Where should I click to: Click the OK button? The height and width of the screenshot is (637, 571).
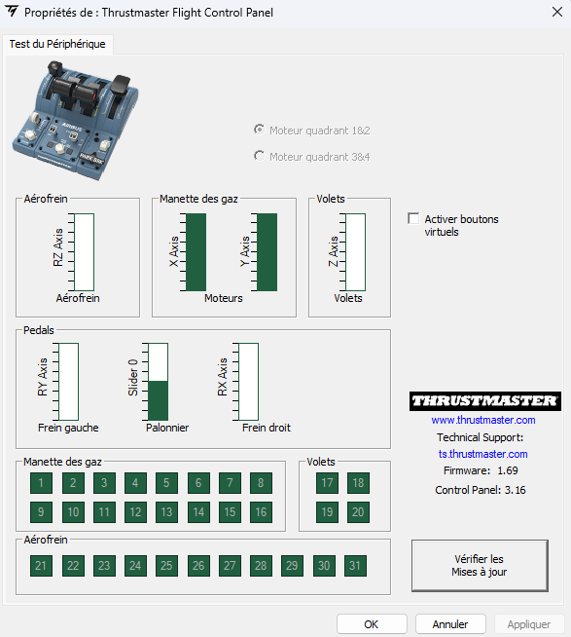point(372,624)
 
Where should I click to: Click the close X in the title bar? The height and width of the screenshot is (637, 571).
point(557,13)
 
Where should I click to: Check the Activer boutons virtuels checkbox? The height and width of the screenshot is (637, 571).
point(413,218)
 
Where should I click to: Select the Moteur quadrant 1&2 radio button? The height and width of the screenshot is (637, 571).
point(259,130)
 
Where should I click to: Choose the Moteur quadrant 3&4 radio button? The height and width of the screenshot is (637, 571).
point(259,156)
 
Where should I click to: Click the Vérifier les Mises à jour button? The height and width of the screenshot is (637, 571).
point(480,566)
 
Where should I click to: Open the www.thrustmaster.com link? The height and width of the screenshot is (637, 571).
point(483,420)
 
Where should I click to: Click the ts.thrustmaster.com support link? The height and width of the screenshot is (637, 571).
point(482,454)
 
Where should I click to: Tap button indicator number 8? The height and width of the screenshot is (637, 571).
point(261,483)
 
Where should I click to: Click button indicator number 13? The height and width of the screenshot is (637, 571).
point(166,512)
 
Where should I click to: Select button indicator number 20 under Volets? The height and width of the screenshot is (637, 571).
point(358,512)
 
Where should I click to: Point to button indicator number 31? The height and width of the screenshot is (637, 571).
point(355,566)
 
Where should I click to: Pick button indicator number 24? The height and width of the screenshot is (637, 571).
point(135,566)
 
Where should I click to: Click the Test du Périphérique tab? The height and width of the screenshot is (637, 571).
point(57,44)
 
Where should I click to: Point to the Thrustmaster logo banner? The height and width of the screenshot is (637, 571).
point(485,401)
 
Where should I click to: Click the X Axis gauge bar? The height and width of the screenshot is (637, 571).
point(196,252)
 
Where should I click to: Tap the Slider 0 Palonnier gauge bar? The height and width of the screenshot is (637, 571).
point(158,382)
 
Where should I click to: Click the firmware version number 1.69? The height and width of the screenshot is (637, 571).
point(508,470)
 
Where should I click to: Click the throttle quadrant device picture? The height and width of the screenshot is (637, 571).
point(76,120)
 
